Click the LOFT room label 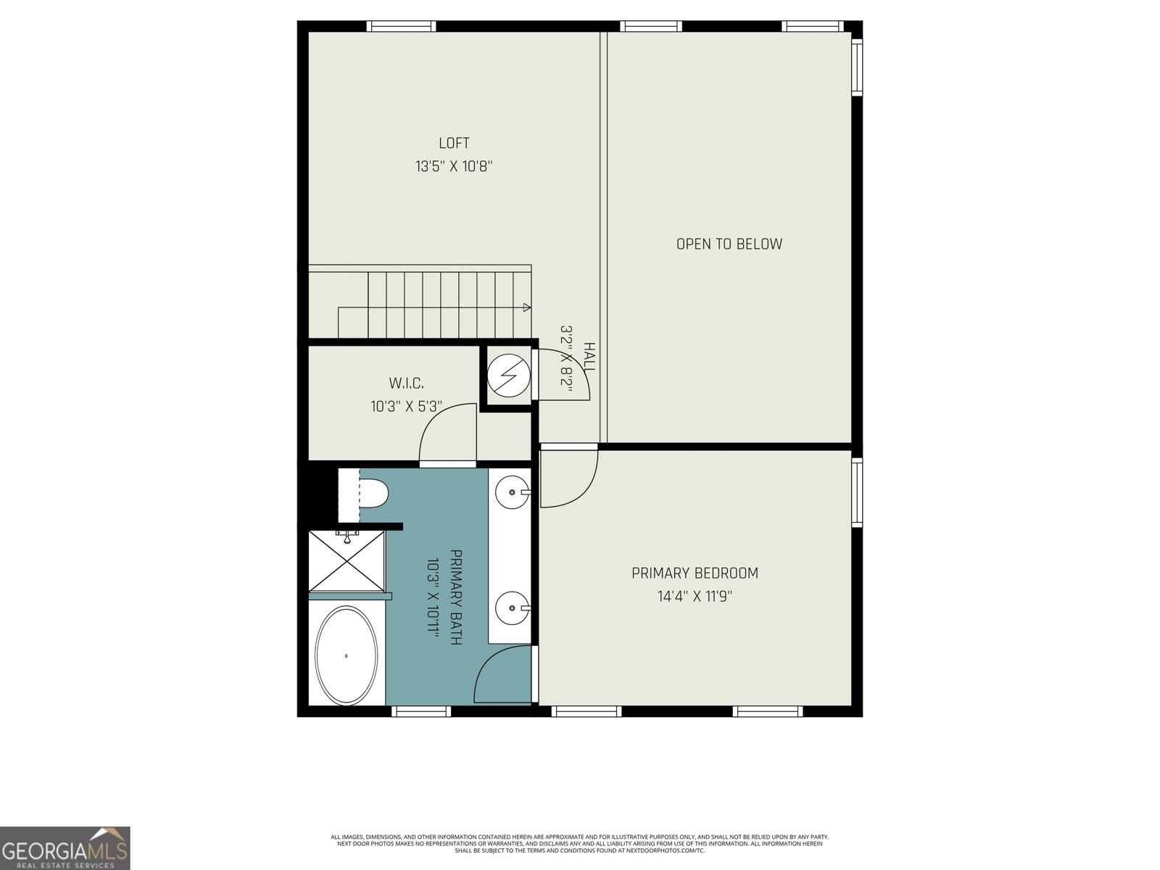click(454, 144)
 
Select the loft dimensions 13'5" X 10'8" click(454, 167)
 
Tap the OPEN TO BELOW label click(729, 244)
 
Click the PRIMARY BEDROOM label click(695, 573)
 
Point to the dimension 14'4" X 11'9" click(695, 597)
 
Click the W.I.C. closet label click(406, 384)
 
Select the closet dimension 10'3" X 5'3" click(406, 407)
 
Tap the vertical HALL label click(589, 358)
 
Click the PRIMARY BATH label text click(456, 597)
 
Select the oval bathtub click(347, 655)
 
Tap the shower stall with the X click(347, 561)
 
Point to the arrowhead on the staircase click(526, 307)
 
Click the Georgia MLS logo click(65, 848)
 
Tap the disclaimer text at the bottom click(579, 843)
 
